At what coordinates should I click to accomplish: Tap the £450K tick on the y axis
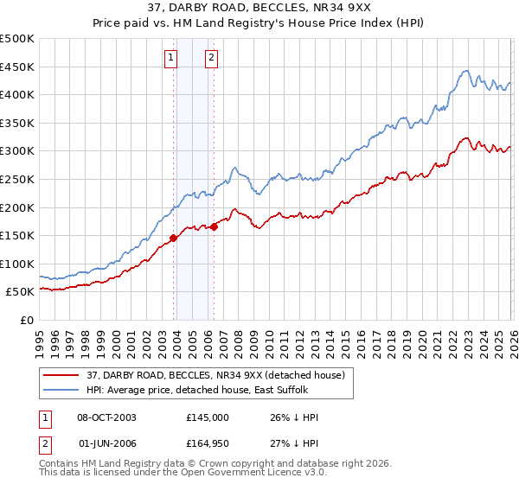click(17, 67)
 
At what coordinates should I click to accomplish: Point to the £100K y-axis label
click(17, 264)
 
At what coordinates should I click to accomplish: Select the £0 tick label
click(27, 320)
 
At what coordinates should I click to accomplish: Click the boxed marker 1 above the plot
click(170, 58)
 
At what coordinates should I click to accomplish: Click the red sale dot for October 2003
click(174, 238)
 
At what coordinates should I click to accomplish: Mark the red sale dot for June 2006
click(214, 227)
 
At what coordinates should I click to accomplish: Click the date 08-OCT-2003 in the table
click(106, 417)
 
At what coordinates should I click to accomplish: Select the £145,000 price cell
click(207, 417)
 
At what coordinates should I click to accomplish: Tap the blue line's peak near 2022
click(466, 71)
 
